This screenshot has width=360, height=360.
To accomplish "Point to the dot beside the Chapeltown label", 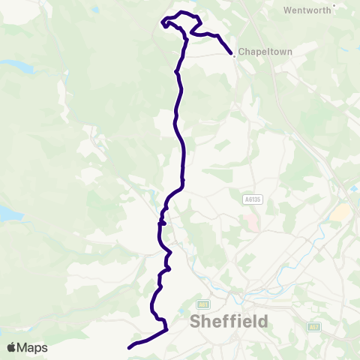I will pyautogui.click(x=235, y=53).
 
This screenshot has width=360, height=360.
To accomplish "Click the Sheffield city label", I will pyautogui.click(x=229, y=322).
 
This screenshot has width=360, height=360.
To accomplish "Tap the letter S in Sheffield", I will pyautogui.click(x=196, y=322).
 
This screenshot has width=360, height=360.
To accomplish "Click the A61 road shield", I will pyautogui.click(x=202, y=304).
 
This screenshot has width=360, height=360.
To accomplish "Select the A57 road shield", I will pyautogui.click(x=314, y=326).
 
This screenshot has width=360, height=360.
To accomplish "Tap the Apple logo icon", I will pyautogui.click(x=13, y=347).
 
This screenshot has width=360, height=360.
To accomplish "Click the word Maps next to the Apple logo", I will pyautogui.click(x=34, y=347).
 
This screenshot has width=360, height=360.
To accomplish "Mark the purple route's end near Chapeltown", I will pyautogui.click(x=230, y=52).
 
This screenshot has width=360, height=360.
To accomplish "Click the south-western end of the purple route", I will pyautogui.click(x=130, y=347).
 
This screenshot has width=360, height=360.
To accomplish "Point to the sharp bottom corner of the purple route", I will pyautogui.click(x=166, y=329).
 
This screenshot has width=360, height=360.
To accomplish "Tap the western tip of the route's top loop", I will pyautogui.click(x=162, y=21).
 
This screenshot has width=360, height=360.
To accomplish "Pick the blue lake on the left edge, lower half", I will pyautogui.click(x=9, y=214).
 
